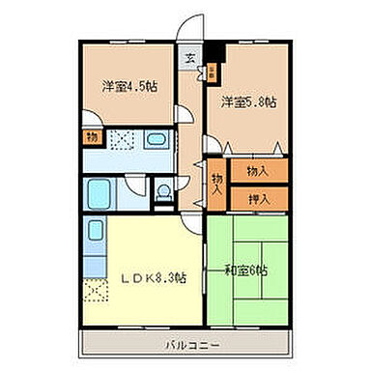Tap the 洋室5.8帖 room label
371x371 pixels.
coord(247,100)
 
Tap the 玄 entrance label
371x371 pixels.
coord(190,58)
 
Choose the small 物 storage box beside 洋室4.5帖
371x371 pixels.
coord(91,138)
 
